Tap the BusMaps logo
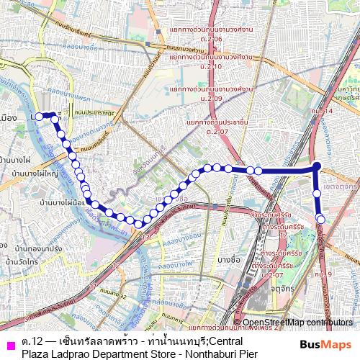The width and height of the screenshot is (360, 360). pos(326,345)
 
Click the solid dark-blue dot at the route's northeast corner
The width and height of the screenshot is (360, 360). pos(317,167)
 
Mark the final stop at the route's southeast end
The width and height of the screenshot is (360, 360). pos(321,220)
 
